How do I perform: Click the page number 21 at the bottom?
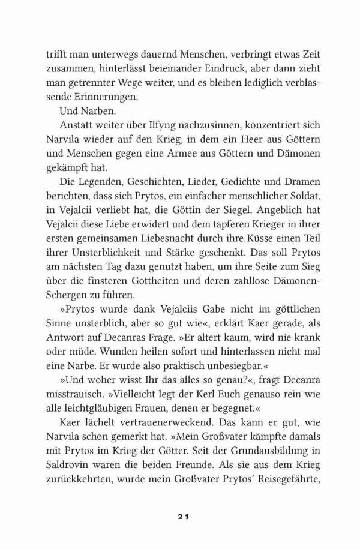180,516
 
